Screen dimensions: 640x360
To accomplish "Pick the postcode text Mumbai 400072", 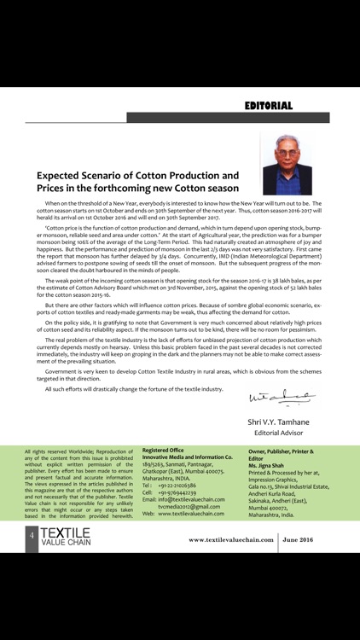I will click(271, 506).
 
